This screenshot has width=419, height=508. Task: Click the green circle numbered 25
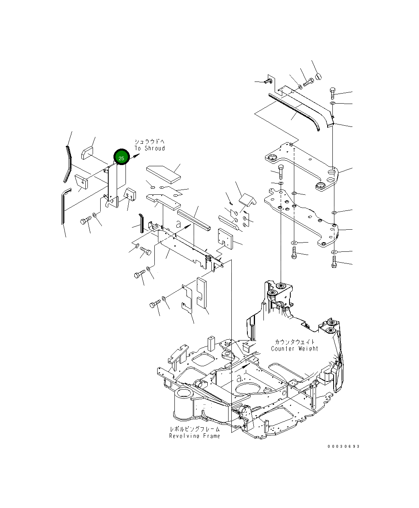[121, 157]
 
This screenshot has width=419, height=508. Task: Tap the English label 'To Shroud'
[150, 148]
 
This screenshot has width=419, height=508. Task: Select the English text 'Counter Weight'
[294, 349]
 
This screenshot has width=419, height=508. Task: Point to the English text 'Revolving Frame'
[194, 436]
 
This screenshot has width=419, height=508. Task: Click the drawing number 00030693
[344, 447]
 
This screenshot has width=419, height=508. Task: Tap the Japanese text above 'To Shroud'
[150, 142]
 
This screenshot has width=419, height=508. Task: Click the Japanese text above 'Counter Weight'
[295, 342]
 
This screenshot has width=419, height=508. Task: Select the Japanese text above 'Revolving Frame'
[194, 429]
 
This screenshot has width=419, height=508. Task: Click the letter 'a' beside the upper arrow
[178, 224]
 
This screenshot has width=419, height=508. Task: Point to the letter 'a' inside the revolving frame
[239, 378]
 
